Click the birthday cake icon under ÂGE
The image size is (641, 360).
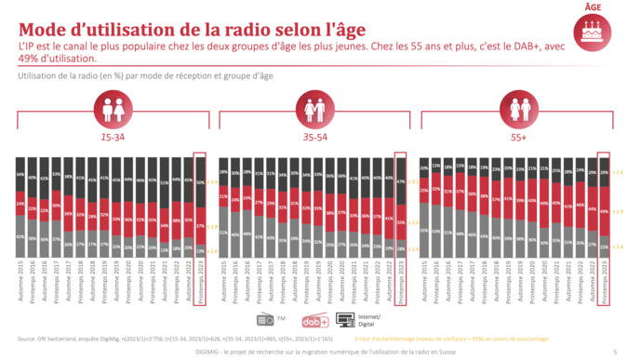tap(592, 33)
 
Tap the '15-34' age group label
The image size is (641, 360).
tap(114, 136)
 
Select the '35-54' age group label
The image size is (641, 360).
tap(313, 136)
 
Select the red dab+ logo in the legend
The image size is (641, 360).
tap(314, 320)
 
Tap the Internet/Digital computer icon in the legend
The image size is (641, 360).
tap(345, 320)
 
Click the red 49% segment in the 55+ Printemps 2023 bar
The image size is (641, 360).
tap(604, 211)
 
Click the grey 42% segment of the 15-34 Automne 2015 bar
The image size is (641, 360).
tap(21, 236)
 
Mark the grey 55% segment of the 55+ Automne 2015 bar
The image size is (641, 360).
tap(423, 230)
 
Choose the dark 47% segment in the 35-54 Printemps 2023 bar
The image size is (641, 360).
tap(401, 184)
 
